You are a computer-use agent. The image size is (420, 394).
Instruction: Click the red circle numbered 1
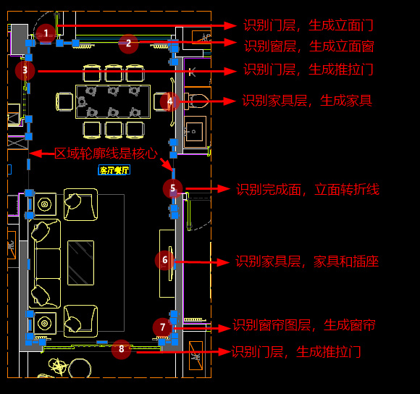(46, 33)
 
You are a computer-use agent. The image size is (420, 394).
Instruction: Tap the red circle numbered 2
(129, 43)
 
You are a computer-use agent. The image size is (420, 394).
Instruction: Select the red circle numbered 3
(25, 70)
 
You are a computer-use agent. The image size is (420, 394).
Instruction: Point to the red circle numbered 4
(170, 102)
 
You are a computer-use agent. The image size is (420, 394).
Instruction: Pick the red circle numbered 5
(173, 188)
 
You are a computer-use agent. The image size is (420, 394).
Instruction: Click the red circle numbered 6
(164, 260)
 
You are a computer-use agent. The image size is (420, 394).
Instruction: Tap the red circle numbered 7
(163, 327)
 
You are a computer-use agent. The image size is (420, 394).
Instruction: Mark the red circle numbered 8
(122, 349)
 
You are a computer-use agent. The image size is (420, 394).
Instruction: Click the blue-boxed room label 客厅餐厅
(114, 170)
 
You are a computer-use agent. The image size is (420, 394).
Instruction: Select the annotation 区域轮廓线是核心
(106, 154)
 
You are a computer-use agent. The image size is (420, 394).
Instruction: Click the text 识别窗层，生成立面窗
(308, 46)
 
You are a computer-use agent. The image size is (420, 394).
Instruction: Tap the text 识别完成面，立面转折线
(308, 190)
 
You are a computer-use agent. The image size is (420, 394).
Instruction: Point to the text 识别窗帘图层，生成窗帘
(304, 325)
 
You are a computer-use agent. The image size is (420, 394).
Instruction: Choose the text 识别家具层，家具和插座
(307, 261)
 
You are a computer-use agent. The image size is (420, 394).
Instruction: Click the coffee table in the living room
(80, 263)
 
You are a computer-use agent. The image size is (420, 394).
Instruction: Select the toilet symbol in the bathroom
(197, 101)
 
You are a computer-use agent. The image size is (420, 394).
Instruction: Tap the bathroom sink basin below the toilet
(195, 132)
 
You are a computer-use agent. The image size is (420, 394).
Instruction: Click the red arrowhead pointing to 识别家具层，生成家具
(230, 101)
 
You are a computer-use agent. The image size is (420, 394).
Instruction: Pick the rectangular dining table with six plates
(113, 102)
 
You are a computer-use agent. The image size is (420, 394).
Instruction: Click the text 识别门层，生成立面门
(308, 25)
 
